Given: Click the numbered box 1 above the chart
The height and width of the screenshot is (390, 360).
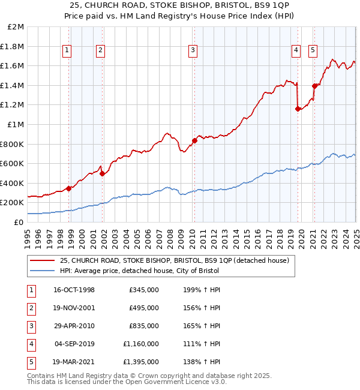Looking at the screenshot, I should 67,51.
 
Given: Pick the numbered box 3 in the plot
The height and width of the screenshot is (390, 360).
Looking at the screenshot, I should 193,51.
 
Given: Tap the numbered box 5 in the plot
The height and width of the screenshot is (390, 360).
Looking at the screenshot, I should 313,51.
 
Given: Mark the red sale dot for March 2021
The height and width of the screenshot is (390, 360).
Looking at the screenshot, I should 314,86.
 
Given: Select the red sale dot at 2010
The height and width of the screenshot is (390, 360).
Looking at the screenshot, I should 194,140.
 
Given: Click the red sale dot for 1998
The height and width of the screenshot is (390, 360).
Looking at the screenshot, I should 69,188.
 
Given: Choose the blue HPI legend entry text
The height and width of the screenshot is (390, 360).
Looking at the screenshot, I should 139,271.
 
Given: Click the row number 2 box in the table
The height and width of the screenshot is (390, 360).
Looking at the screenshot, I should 31,308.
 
